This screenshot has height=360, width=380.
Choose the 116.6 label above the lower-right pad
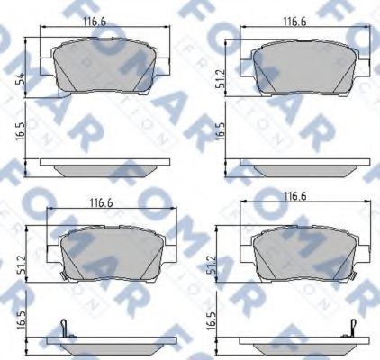295,196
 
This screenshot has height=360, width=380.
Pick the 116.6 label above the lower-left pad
102,203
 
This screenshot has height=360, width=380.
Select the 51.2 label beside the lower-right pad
211,265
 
